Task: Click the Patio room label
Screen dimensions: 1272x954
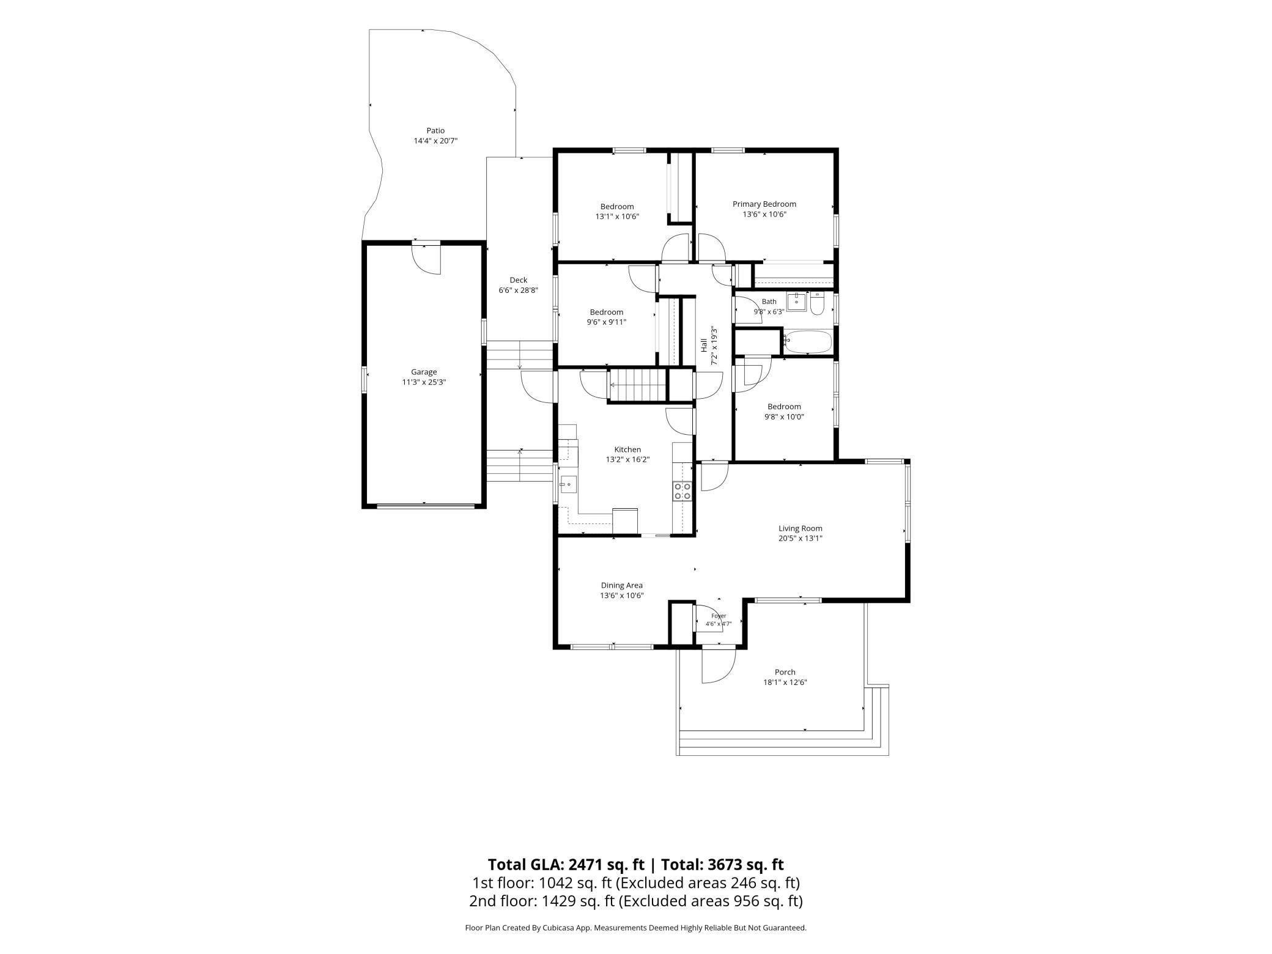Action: click(x=435, y=130)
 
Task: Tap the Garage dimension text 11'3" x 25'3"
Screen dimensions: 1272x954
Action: click(x=424, y=382)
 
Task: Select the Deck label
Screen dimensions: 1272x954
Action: click(x=519, y=280)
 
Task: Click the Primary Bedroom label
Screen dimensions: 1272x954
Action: click(x=764, y=204)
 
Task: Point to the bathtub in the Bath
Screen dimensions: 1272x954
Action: click(x=808, y=341)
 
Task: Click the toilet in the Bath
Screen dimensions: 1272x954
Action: click(x=818, y=304)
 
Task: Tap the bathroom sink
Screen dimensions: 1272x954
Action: click(x=796, y=301)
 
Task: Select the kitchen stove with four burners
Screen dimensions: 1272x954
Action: click(x=682, y=491)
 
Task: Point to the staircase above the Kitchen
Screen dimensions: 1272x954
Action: click(x=637, y=385)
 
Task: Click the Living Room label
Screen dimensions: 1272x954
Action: click(x=801, y=528)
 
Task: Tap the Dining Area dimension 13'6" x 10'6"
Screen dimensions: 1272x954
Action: click(x=622, y=596)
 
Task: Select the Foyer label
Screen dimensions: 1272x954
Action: click(x=719, y=616)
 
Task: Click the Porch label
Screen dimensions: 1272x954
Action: click(x=785, y=672)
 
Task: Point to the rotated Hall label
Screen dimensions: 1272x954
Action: click(x=704, y=346)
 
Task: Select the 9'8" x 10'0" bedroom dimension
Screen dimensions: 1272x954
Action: click(x=784, y=417)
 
